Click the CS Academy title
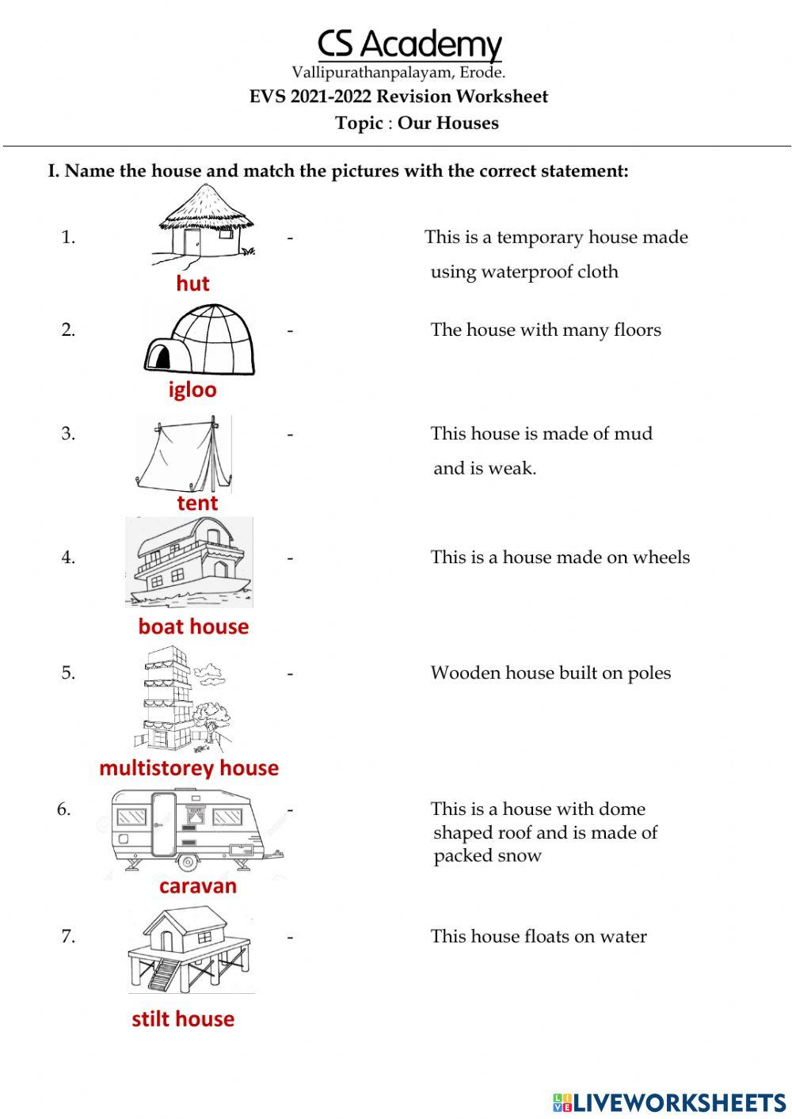[409, 44]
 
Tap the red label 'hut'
[192, 284]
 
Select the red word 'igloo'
[192, 390]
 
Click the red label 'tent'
[197, 503]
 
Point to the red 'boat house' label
[193, 626]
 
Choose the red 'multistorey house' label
[188, 767]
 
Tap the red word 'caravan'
[198, 885]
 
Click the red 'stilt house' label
[183, 1018]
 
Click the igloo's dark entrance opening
[161, 358]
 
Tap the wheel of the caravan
[187, 862]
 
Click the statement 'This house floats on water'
[539, 936]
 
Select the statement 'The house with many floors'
[546, 329]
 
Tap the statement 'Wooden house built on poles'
[550, 672]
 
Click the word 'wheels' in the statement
[661, 557]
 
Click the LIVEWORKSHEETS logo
[669, 1102]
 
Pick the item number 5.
[68, 672]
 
